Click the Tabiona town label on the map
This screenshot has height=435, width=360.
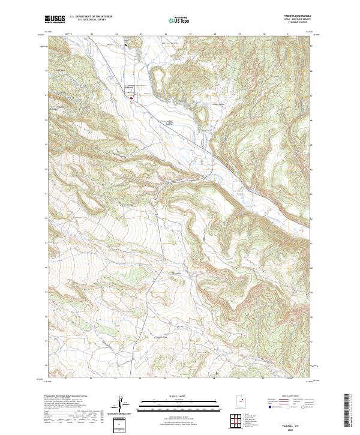pos(128,86)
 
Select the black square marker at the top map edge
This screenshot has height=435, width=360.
pos(126,44)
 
